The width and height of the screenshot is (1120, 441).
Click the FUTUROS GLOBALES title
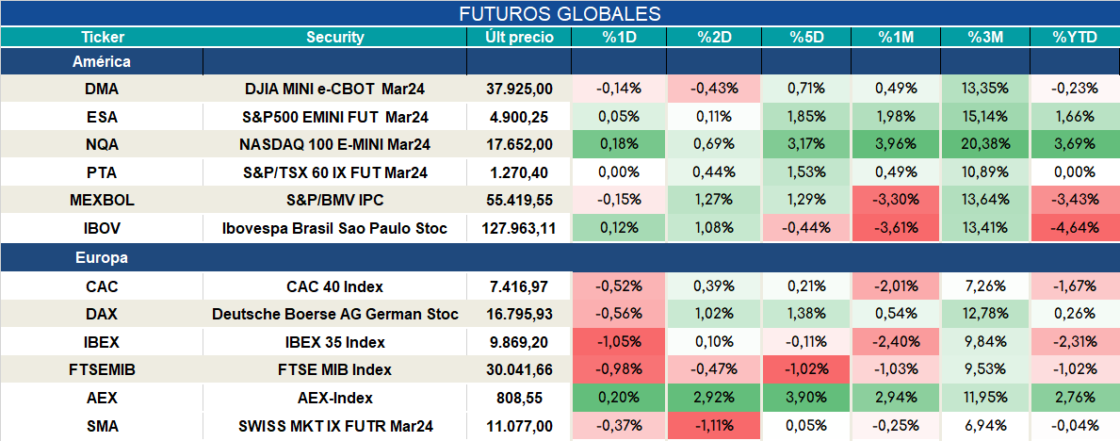[x=560, y=14]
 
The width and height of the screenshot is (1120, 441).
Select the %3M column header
[x=984, y=38]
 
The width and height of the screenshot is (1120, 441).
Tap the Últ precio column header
[x=519, y=38]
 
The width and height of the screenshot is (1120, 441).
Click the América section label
[x=102, y=61]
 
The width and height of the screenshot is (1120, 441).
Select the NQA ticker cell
[x=102, y=144]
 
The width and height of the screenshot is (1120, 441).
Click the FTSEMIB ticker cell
[x=102, y=369]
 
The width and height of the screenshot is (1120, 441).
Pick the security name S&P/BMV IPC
[x=335, y=201]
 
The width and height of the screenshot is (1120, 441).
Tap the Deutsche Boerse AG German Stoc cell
[x=335, y=314]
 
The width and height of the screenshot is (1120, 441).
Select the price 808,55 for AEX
[x=528, y=398]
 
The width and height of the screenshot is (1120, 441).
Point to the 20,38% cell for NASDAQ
[x=984, y=144]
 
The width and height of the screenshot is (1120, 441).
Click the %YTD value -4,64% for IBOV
[x=1074, y=229]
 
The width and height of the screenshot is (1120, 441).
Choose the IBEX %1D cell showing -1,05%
[x=619, y=342]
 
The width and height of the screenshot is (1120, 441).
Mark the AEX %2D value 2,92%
[x=714, y=398]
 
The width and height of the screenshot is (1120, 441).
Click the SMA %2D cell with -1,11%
[x=714, y=426]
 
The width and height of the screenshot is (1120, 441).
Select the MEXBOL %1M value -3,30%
[x=894, y=201]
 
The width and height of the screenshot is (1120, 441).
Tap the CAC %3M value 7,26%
[x=984, y=286]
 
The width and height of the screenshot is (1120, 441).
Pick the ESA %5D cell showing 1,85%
[x=805, y=117]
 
